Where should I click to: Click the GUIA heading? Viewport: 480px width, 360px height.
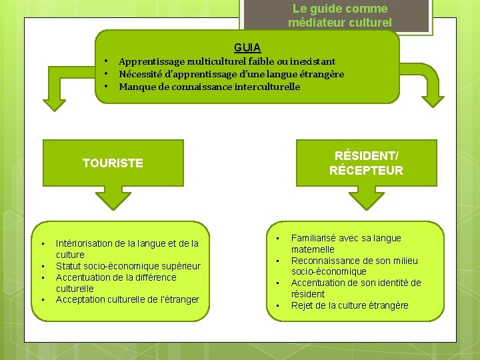point(247,47)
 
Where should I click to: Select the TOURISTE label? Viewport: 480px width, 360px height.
point(113,163)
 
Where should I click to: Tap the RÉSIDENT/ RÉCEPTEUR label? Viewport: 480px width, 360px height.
point(366,163)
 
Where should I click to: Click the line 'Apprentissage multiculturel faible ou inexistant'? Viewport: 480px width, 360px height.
point(227,61)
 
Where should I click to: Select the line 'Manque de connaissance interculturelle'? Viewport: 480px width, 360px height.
point(209,87)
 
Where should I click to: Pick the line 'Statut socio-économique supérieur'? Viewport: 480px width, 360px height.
point(128,266)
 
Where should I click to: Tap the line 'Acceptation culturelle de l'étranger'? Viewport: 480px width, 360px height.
point(127,299)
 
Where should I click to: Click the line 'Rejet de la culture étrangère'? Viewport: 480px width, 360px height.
point(349,305)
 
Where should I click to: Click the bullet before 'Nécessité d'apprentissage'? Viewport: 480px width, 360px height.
point(106,74)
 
